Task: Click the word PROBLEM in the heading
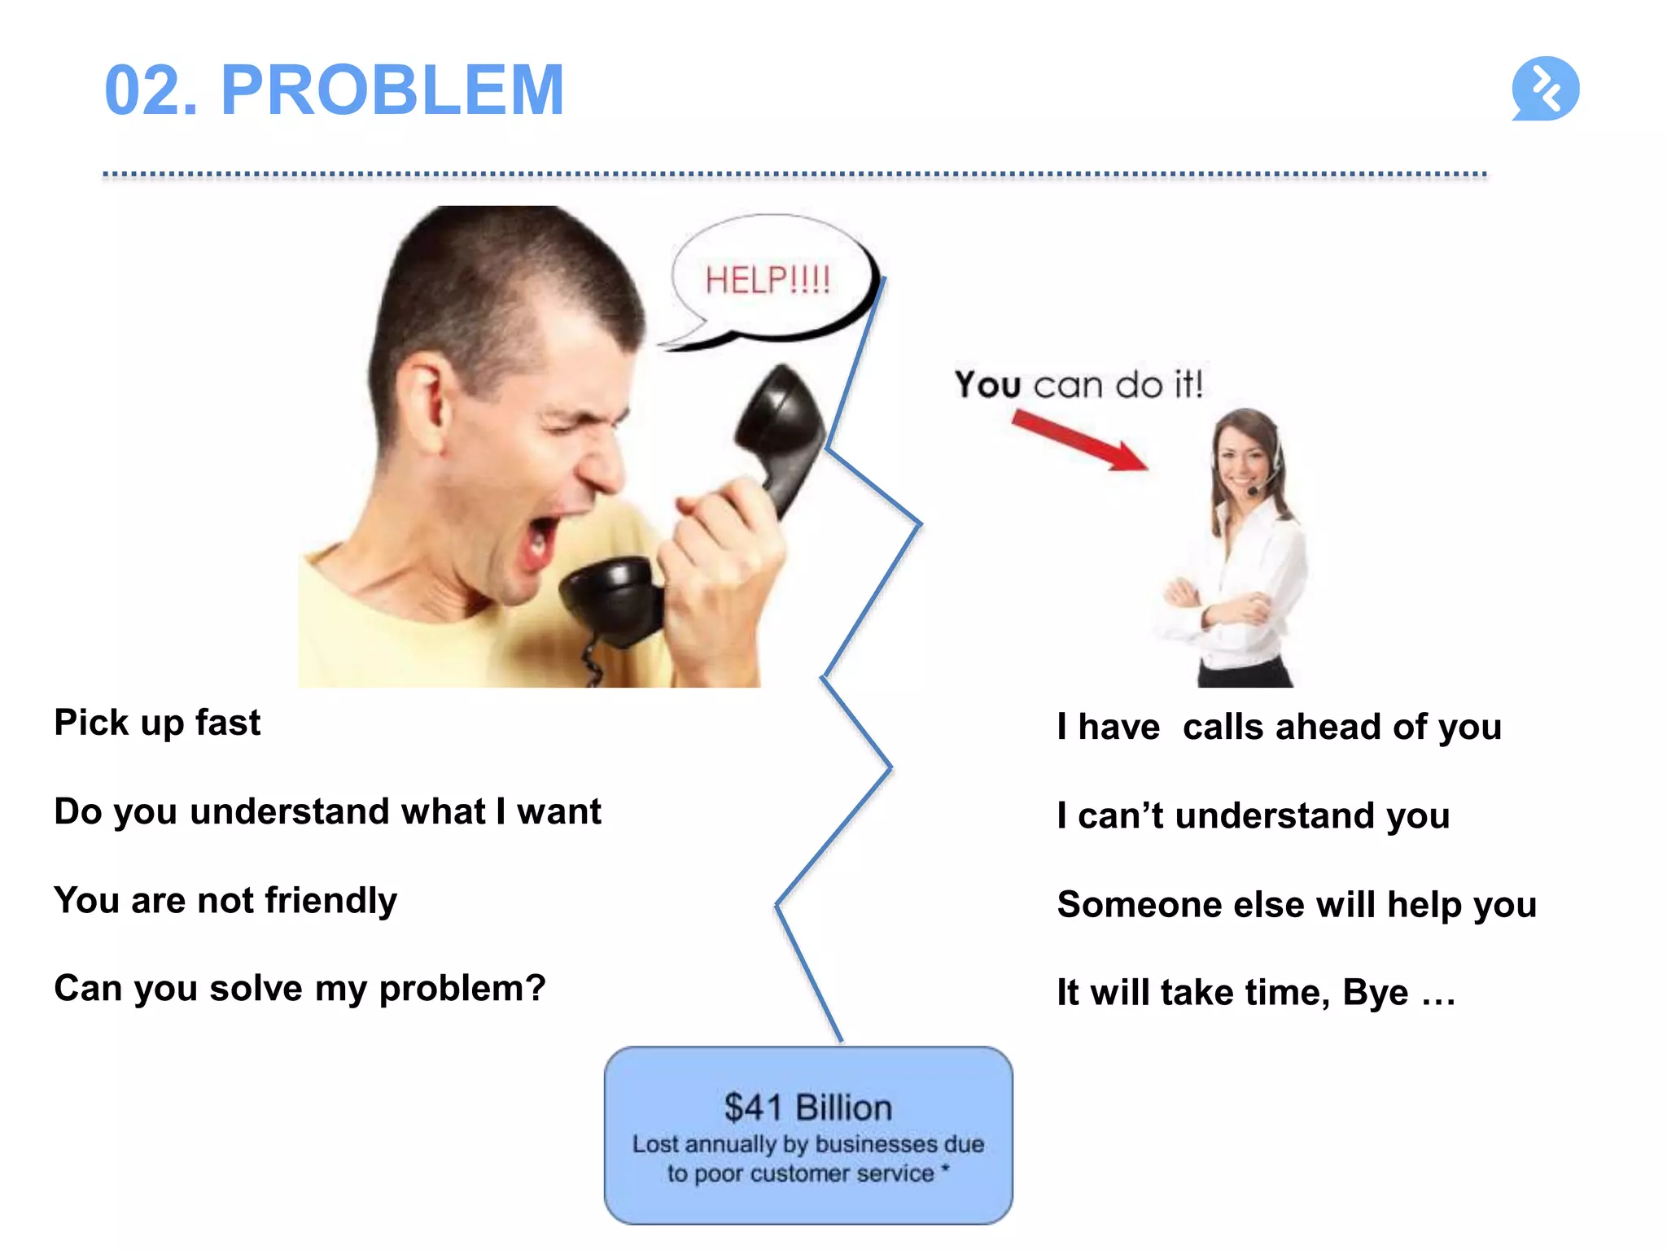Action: point(392,90)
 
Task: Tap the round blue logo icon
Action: point(1545,89)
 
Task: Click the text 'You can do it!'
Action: point(1078,384)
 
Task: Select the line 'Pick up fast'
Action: point(157,723)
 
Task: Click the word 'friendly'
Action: point(330,901)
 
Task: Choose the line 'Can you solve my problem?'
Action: point(300,989)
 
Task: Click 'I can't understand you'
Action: point(1253,815)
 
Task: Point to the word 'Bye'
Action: point(1375,993)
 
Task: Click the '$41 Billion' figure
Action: point(807,1108)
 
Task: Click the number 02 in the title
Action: point(151,90)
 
